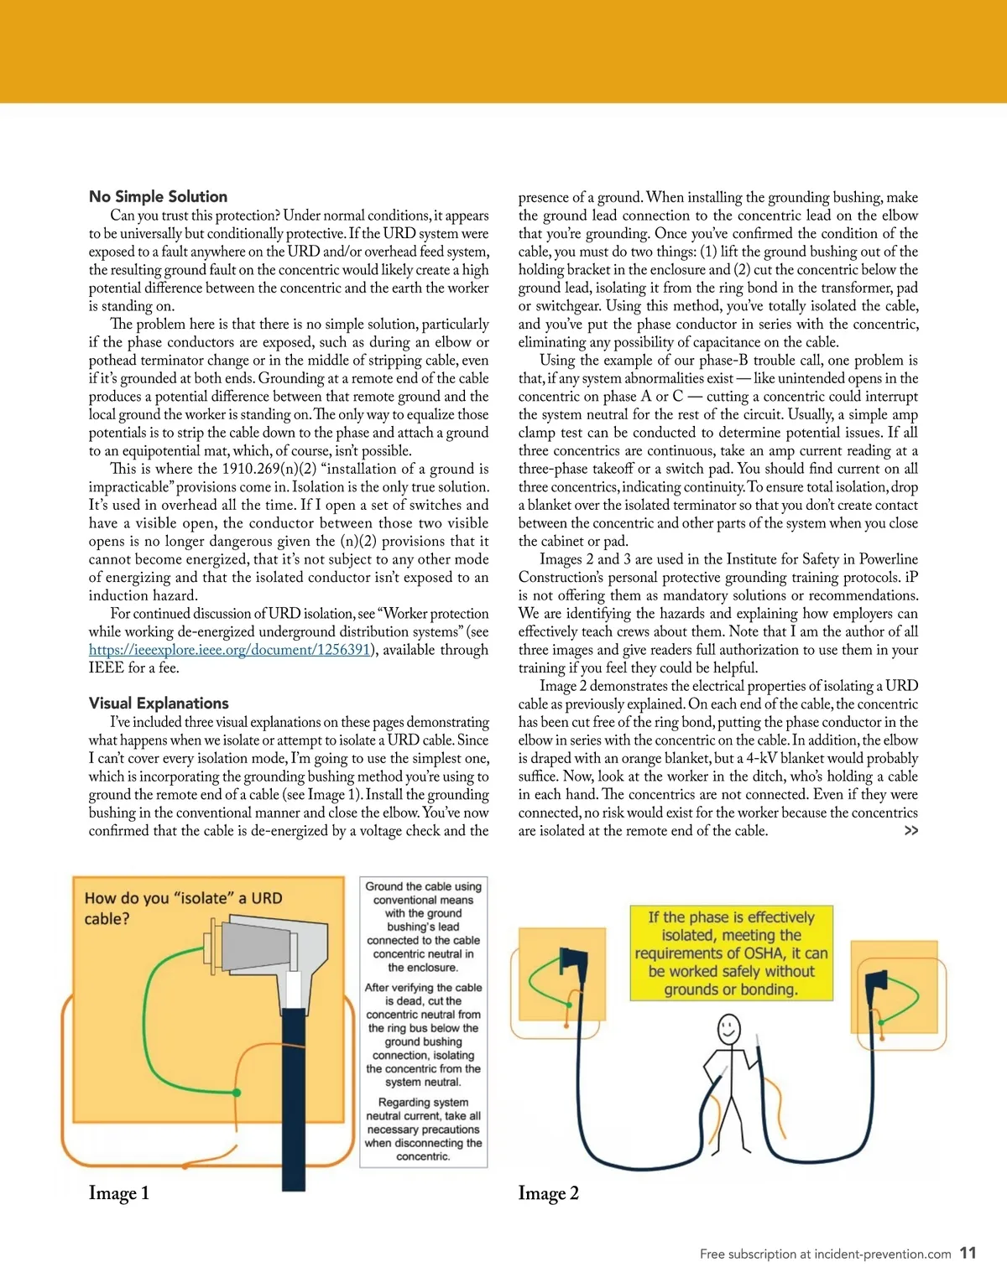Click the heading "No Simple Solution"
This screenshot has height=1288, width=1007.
(x=158, y=196)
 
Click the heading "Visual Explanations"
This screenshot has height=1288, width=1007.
(x=159, y=703)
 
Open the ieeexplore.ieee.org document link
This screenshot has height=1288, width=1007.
(x=229, y=650)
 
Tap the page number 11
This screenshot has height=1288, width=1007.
(x=968, y=1253)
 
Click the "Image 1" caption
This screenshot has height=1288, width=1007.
(x=118, y=1192)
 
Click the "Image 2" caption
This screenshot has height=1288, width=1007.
(x=548, y=1192)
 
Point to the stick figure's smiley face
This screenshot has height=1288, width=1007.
(x=728, y=1027)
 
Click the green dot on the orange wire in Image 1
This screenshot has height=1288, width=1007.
(x=237, y=1093)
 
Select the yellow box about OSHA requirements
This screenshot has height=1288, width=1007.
(x=731, y=953)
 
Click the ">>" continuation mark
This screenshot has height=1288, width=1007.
(x=910, y=830)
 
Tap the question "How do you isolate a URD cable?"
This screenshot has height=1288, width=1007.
(x=183, y=908)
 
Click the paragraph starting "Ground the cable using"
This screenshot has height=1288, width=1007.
(x=423, y=927)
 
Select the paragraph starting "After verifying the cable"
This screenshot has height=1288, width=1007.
(x=423, y=1035)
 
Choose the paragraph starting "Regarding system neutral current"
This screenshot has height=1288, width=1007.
(x=423, y=1129)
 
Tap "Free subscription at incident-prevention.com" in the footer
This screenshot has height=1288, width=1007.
(x=825, y=1254)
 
